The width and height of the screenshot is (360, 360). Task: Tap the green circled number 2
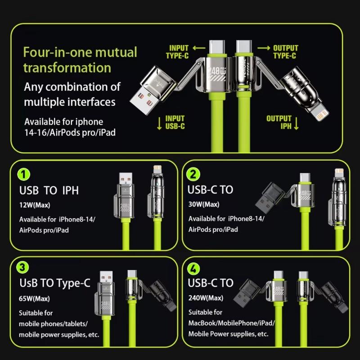click(x=193, y=175)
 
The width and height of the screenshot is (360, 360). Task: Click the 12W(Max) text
click(x=35, y=205)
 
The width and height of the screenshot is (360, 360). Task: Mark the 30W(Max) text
click(x=204, y=204)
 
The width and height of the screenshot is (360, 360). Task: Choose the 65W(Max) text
click(x=35, y=298)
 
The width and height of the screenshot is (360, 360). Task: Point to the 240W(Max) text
click(x=206, y=297)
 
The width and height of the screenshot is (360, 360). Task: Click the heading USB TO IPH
click(x=49, y=190)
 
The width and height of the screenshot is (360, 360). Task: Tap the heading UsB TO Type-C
click(x=55, y=283)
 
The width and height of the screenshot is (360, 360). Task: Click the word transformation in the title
click(x=67, y=67)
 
